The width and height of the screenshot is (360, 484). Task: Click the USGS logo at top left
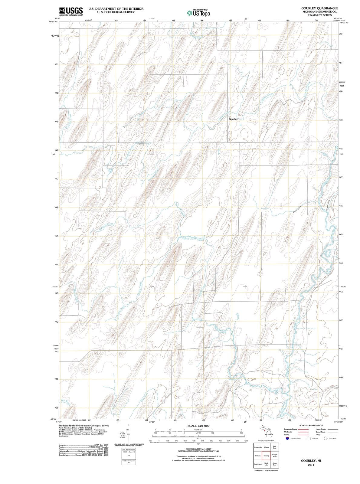coord(71,11)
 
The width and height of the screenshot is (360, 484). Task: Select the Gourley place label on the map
coord(233,119)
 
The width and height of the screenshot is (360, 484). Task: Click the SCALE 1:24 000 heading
coord(198,426)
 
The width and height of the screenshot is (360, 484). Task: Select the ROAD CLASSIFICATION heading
coord(311,425)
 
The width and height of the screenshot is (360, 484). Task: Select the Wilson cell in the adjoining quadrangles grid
coord(267,447)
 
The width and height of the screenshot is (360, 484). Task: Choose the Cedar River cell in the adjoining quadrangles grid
coord(275,464)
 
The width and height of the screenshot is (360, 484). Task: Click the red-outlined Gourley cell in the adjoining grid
coord(267,456)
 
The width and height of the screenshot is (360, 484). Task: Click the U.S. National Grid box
coord(129,451)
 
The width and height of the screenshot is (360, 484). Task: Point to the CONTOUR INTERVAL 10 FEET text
coord(198,449)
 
